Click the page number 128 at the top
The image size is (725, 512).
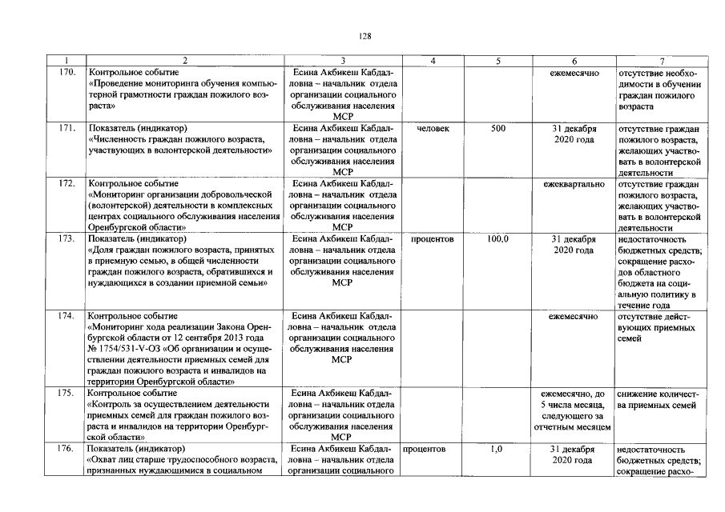pyautogui.click(x=363, y=35)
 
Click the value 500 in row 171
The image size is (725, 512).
pyautogui.click(x=498, y=128)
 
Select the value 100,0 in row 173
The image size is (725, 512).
pyautogui.click(x=498, y=238)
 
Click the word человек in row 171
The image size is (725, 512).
pyautogui.click(x=433, y=128)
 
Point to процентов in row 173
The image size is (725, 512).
pyautogui.click(x=433, y=238)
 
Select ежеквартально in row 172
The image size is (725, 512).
pyautogui.click(x=574, y=183)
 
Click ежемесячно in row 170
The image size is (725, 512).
pyautogui.click(x=574, y=72)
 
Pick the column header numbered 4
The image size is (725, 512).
pyautogui.click(x=433, y=61)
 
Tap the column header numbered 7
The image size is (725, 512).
pyautogui.click(x=661, y=61)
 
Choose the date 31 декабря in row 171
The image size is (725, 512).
pyautogui.click(x=574, y=128)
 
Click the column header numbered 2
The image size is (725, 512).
pyautogui.click(x=183, y=61)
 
